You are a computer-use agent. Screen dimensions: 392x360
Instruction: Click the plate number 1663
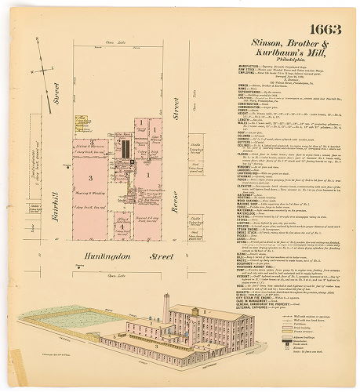325,30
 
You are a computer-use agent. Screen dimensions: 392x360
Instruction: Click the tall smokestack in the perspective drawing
165,306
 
